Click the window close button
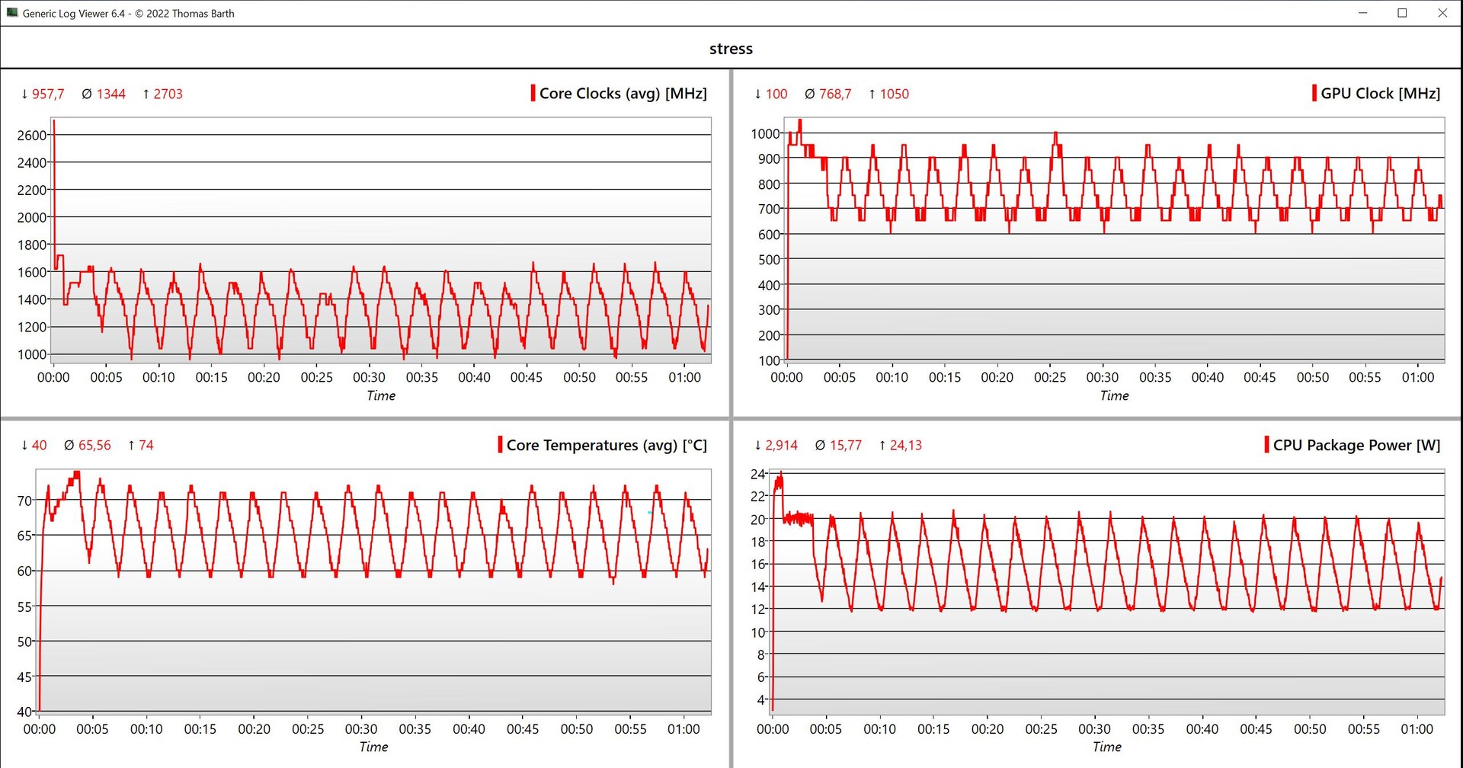(1442, 13)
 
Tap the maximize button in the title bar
(1402, 13)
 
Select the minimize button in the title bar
(1362, 13)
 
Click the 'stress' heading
(731, 49)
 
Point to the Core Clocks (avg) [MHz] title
(623, 94)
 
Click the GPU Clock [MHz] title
(1380, 94)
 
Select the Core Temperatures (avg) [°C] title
(607, 445)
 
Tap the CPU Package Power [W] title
(1356, 445)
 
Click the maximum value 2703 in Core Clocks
(168, 94)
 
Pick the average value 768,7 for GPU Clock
(834, 94)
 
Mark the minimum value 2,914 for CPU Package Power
(781, 446)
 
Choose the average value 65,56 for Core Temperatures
(94, 446)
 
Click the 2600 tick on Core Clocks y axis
(31, 136)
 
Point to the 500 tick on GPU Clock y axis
(770, 260)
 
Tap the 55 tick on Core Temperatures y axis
(24, 607)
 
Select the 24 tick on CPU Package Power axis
(757, 474)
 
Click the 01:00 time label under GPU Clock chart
(1417, 378)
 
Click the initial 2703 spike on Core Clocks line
(53, 122)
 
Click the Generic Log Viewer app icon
(12, 13)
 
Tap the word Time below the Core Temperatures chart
(373, 747)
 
